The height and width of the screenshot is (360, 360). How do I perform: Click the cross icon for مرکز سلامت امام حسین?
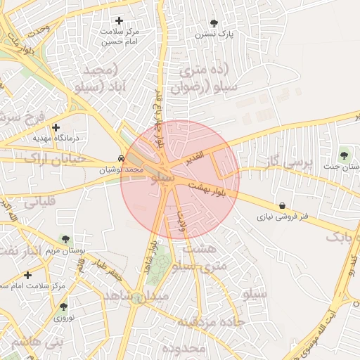pyautogui.click(x=119, y=21)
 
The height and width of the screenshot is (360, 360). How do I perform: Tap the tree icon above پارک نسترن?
pyautogui.click(x=214, y=23)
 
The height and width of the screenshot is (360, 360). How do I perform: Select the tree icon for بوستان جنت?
pyautogui.click(x=343, y=155)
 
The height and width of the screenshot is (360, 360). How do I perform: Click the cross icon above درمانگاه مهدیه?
pyautogui.click(x=56, y=127)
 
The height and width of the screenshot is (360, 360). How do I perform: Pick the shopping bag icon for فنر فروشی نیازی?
pyautogui.click(x=282, y=206)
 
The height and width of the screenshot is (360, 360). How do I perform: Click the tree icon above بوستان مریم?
pyautogui.click(x=65, y=240)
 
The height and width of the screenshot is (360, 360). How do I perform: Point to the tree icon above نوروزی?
pyautogui.click(x=63, y=307)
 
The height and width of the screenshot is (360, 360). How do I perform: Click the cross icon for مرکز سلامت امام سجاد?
pyautogui.click(x=27, y=275)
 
